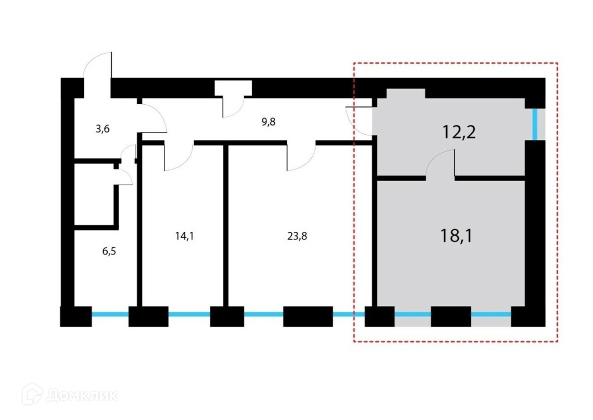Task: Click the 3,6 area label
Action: pos(102,129)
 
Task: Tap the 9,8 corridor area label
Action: pos(269,121)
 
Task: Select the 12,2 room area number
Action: pos(459,132)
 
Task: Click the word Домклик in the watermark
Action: pos(82,396)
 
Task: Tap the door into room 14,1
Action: pos(178,157)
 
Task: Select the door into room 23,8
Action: pos(301,157)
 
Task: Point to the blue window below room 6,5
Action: pos(110,315)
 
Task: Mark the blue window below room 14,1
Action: pos(189,315)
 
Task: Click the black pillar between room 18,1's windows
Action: pos(451,316)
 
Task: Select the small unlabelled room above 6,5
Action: pos(96,194)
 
